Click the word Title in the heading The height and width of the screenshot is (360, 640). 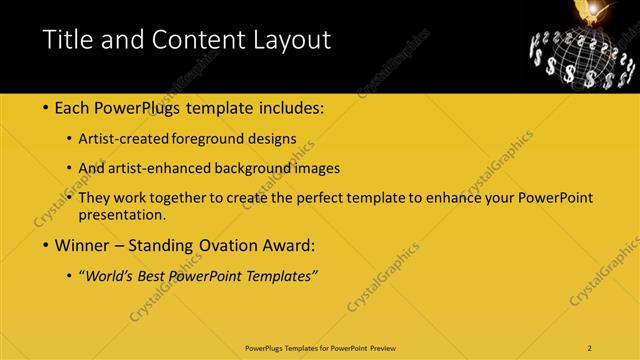click(x=68, y=40)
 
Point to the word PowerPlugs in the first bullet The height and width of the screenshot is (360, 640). click(x=138, y=108)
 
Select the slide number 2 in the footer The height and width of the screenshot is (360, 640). click(x=590, y=347)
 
